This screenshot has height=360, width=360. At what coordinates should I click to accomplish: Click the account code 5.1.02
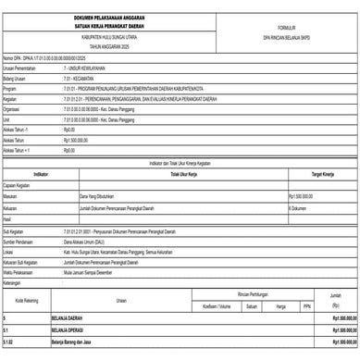point(9,341)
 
